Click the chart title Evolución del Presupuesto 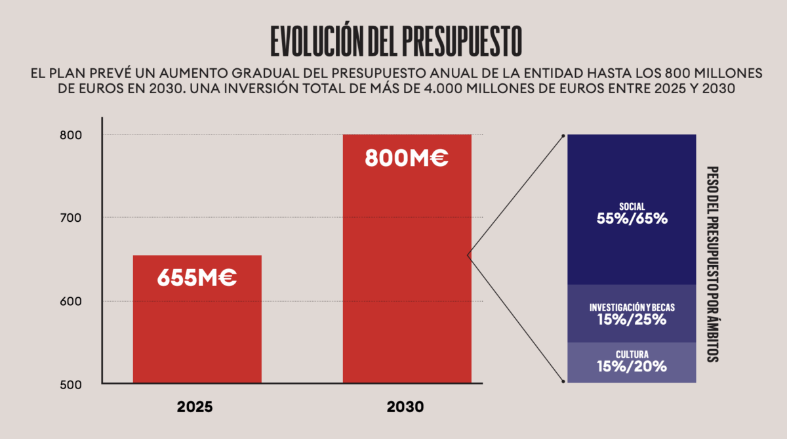click(396, 41)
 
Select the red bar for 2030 click(407, 276)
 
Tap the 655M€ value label click(197, 278)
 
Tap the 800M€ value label click(407, 158)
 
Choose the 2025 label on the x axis click(195, 408)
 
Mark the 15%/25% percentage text click(632, 320)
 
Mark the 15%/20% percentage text click(632, 367)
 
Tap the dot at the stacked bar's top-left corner click(563, 136)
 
